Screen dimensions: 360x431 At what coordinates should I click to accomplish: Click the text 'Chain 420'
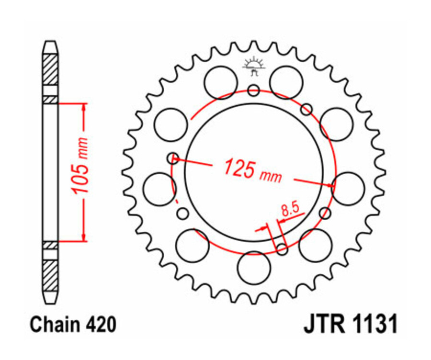(x=73, y=325)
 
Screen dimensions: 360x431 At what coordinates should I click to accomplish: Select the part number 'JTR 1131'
(x=350, y=325)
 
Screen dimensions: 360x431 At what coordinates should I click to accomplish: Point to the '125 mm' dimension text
(x=252, y=170)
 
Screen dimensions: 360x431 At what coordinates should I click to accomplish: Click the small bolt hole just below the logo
(x=254, y=90)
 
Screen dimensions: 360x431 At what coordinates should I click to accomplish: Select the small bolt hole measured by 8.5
(x=283, y=249)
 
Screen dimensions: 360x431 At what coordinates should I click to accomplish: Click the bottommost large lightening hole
(x=254, y=268)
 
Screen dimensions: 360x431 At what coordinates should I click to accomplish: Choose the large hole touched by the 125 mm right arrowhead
(x=348, y=188)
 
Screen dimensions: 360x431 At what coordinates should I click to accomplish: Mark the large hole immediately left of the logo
(x=221, y=82)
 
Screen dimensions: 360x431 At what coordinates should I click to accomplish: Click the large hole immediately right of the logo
(x=286, y=82)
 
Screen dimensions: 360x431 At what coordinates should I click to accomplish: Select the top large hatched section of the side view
(x=50, y=70)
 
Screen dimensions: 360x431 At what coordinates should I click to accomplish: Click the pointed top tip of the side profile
(x=50, y=43)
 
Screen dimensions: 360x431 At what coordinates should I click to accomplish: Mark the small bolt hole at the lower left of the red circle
(x=182, y=214)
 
